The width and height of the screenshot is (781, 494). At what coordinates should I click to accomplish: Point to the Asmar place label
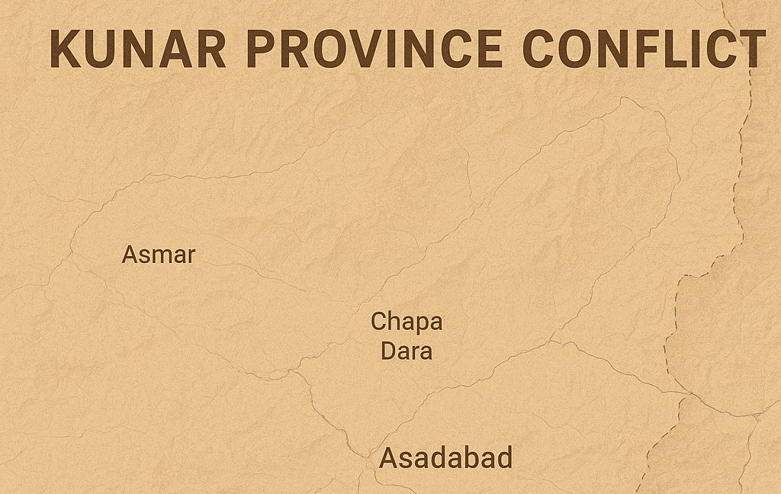coord(159,255)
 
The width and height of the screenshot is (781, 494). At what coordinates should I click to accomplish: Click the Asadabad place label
coord(446,459)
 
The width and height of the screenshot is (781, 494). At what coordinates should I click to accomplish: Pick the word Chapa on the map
coord(407,322)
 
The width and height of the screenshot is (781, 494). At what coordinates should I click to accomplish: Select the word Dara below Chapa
coord(407,351)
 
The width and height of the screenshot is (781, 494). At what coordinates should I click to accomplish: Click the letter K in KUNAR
coord(65,49)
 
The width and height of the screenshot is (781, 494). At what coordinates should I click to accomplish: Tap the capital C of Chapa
coord(379,322)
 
